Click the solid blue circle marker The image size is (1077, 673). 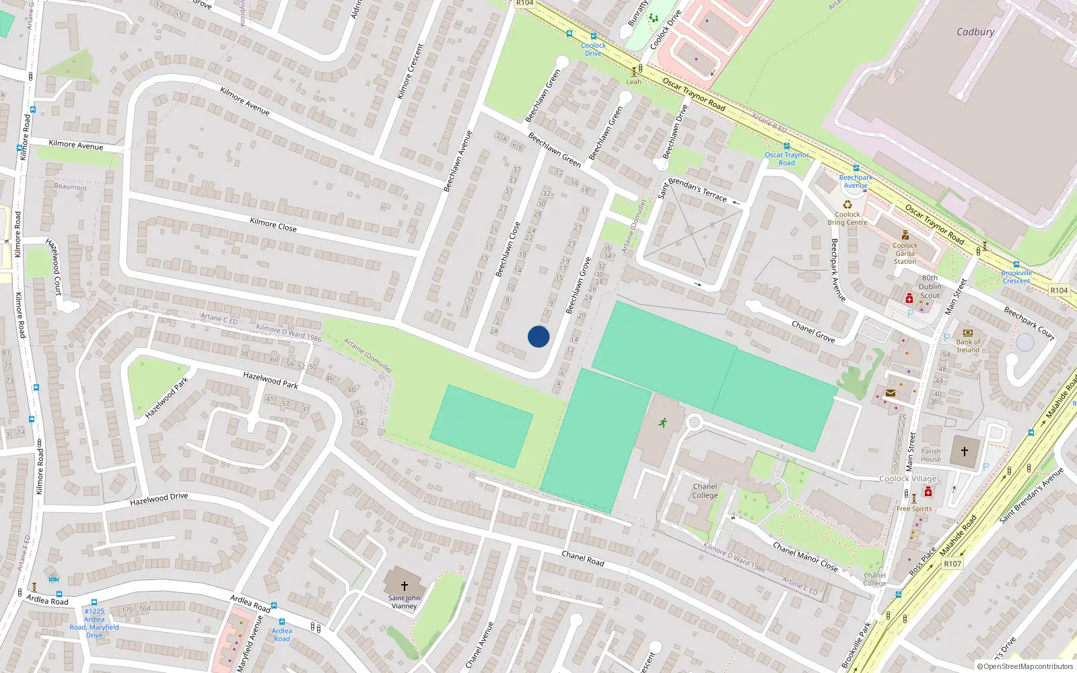pyautogui.click(x=538, y=336)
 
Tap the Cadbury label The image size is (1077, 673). pyautogui.click(x=975, y=32)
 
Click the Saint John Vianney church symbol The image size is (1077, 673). pyautogui.click(x=405, y=586)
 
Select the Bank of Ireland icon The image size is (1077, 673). pyautogui.click(x=968, y=332)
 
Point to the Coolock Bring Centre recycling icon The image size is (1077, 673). pyautogui.click(x=847, y=205)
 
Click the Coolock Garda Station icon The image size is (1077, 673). pyautogui.click(x=905, y=236)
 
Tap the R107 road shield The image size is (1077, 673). pyautogui.click(x=952, y=564)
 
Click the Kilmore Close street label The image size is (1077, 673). pyautogui.click(x=273, y=224)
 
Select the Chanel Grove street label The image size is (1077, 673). pyautogui.click(x=813, y=332)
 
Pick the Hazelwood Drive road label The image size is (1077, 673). pyautogui.click(x=159, y=499)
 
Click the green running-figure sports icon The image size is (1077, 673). pyautogui.click(x=663, y=423)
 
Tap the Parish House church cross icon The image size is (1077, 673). pyautogui.click(x=965, y=452)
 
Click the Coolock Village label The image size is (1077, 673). pyautogui.click(x=908, y=479)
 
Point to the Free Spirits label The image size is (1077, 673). pyautogui.click(x=914, y=509)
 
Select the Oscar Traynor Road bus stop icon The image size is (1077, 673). pyautogui.click(x=786, y=146)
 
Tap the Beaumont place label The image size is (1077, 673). pyautogui.click(x=71, y=187)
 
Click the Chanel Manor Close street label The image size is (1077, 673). pyautogui.click(x=805, y=557)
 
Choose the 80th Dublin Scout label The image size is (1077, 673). pyautogui.click(x=930, y=287)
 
